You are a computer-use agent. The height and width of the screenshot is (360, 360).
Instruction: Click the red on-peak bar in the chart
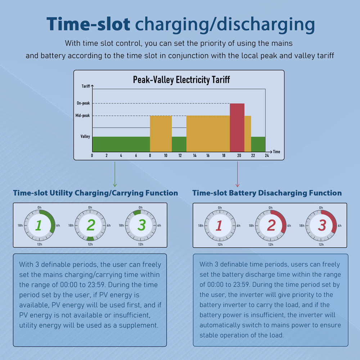point(237,127)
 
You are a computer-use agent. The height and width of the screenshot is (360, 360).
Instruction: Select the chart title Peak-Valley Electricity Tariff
point(181,80)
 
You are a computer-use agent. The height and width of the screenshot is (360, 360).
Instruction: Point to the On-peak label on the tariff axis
point(83,103)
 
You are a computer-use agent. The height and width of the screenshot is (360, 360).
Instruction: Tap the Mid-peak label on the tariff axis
point(83,116)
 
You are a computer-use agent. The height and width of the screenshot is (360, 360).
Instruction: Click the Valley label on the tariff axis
point(85,136)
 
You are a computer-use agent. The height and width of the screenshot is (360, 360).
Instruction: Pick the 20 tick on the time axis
point(238,156)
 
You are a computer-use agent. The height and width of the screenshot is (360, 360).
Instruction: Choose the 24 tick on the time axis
point(267,156)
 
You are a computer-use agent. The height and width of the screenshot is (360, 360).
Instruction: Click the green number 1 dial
point(40,225)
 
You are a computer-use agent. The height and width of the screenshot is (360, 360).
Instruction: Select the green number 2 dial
point(90,225)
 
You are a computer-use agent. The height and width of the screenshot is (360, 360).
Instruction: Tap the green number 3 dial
point(141,225)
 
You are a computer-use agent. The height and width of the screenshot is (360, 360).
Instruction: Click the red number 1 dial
point(220,225)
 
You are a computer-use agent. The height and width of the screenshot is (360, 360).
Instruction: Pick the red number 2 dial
point(270,225)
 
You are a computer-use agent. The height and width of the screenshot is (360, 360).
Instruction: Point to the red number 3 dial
point(321,225)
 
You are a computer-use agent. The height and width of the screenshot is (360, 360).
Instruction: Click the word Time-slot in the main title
point(88,24)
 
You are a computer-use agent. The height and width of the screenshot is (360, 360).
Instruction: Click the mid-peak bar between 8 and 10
point(161,133)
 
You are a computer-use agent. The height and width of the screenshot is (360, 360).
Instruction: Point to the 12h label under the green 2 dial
point(90,244)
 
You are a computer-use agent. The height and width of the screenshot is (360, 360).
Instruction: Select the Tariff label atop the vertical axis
point(86,86)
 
